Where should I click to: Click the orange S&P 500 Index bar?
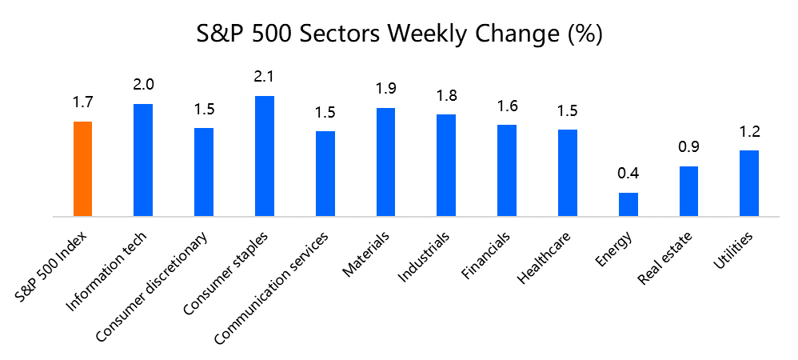pos(82,169)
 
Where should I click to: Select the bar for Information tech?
pos(143,160)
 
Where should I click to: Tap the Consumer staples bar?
pos(265,156)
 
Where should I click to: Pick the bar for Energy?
pos(628,204)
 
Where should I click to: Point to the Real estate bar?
pos(688,191)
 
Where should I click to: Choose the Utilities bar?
pos(749,183)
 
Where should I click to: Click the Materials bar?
pos(385,162)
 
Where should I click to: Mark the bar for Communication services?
pos(325,174)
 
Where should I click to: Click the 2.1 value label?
pos(265,77)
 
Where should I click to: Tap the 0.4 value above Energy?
pos(628,174)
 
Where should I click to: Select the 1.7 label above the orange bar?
pos(82,102)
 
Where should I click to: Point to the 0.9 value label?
pos(688,147)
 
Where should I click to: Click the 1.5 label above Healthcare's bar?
pos(568,111)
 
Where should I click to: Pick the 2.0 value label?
pos(143,85)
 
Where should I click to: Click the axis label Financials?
pos(486,256)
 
